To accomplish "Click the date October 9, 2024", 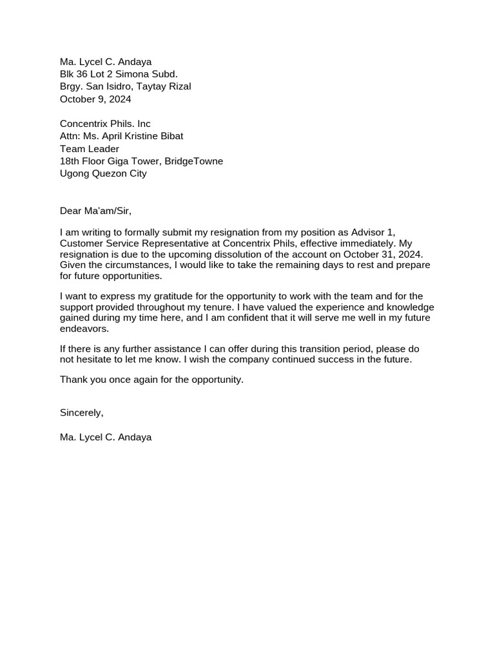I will click(x=95, y=99).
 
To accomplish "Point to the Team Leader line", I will click(x=90, y=149).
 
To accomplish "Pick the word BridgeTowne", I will click(x=195, y=161).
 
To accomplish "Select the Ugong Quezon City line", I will click(x=103, y=173).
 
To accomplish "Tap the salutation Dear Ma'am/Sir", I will click(x=95, y=211).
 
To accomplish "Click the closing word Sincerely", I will click(x=81, y=412).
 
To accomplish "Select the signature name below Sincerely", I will click(x=106, y=437).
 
